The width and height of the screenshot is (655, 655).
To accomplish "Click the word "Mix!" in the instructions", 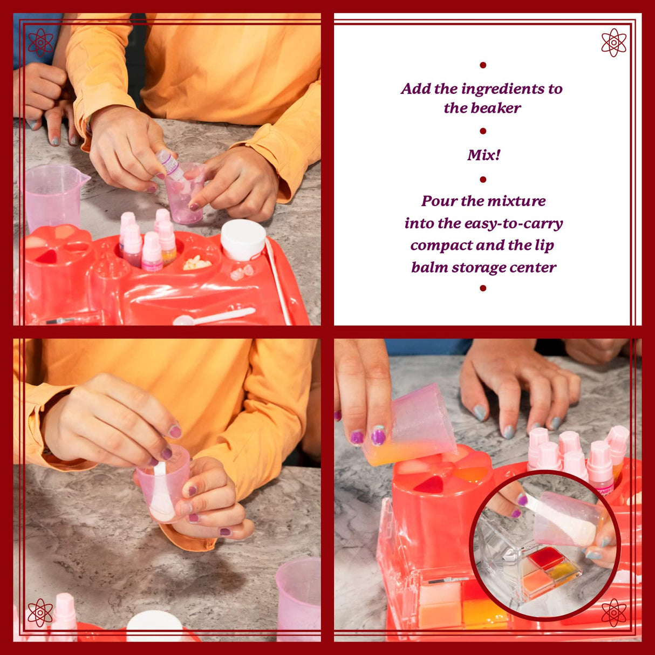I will pyautogui.click(x=483, y=155).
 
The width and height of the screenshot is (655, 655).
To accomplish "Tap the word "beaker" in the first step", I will pyautogui.click(x=494, y=108).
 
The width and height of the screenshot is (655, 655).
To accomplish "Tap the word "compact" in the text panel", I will pyautogui.click(x=441, y=245).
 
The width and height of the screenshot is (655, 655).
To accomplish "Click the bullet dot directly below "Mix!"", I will pyautogui.click(x=483, y=179).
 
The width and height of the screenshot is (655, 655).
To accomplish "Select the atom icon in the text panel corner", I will pyautogui.click(x=613, y=42).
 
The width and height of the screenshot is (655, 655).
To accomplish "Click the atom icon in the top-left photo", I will pyautogui.click(x=40, y=42).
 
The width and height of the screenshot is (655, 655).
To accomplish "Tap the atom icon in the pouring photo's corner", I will pyautogui.click(x=613, y=613).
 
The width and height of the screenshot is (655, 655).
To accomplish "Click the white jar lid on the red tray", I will pyautogui.click(x=243, y=239).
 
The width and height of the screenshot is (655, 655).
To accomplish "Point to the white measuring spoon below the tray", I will pyautogui.click(x=214, y=317).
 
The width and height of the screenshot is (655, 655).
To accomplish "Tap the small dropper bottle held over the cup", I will pyautogui.click(x=170, y=165).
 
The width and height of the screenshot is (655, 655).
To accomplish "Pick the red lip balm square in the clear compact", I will pyautogui.click(x=545, y=558).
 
